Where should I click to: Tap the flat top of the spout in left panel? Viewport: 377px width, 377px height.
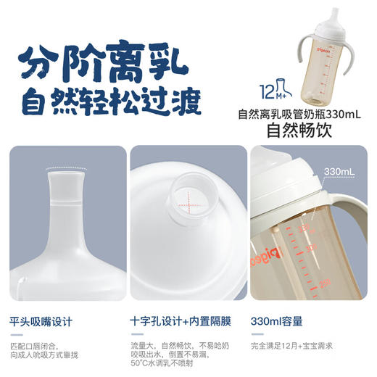click(x=66, y=171)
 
